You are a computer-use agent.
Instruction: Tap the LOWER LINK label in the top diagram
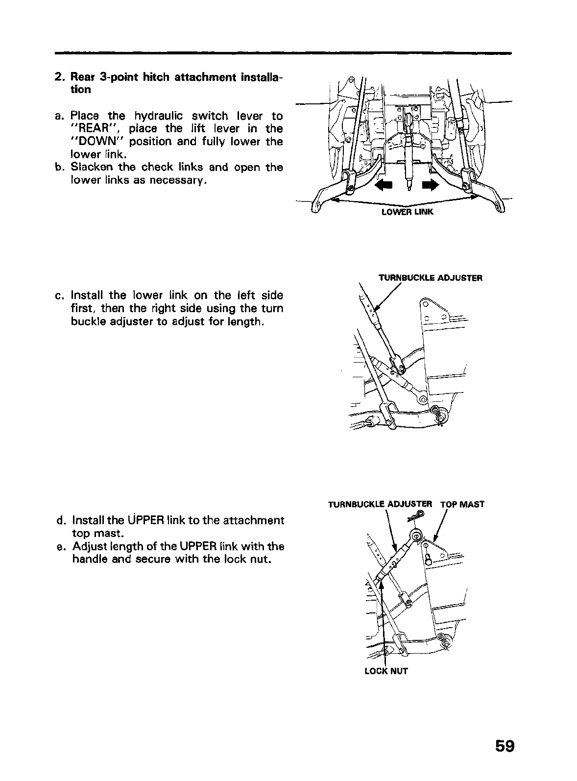click(x=407, y=212)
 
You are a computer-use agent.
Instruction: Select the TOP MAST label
click(x=462, y=504)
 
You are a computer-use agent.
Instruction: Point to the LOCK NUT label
click(x=386, y=671)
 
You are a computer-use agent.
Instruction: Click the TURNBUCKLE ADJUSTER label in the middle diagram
click(x=431, y=278)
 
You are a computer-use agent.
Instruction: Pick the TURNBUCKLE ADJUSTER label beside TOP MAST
click(x=380, y=504)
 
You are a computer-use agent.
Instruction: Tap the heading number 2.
click(x=59, y=77)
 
